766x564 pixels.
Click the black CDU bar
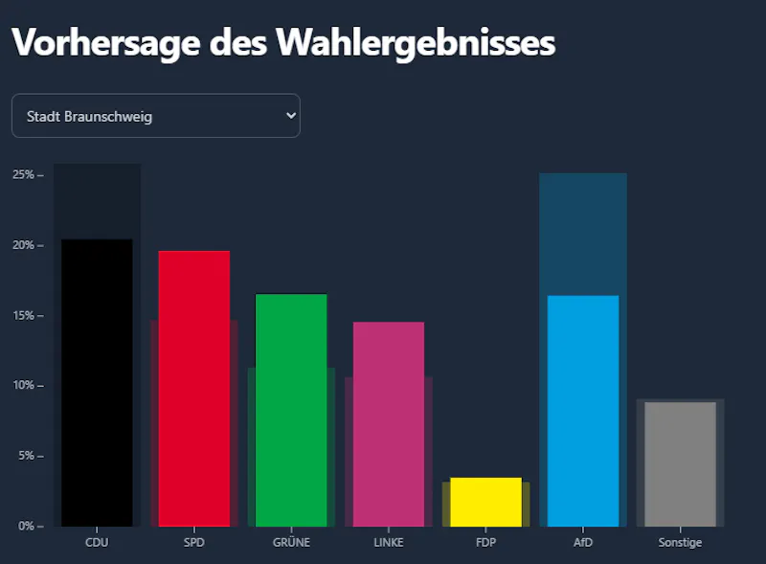[97, 383]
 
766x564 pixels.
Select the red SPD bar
[194, 388]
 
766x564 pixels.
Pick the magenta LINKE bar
[389, 423]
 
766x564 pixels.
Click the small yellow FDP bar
[485, 502]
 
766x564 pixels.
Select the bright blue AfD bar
[583, 412]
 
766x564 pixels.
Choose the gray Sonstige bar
[680, 464]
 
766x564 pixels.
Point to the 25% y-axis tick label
[23, 175]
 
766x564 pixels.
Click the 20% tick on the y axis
[23, 245]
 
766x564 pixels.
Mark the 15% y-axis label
[23, 316]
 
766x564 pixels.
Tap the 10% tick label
[23, 386]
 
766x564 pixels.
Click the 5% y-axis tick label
[26, 456]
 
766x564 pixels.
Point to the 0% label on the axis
[26, 526]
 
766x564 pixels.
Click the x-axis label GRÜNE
[291, 543]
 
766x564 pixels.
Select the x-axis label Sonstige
[680, 543]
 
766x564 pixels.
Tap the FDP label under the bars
[485, 543]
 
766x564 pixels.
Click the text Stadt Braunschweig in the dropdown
[89, 117]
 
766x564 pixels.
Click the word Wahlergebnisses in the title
[415, 43]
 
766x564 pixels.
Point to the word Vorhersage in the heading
[104, 43]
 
